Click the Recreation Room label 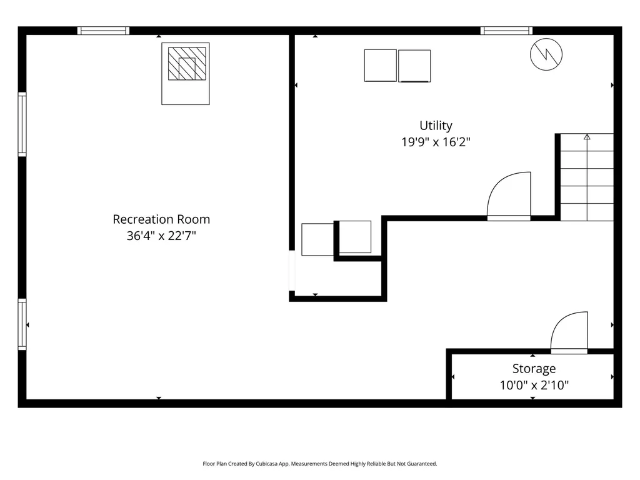click(x=161, y=219)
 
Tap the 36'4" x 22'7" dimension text click(x=161, y=236)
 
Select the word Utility click(x=436, y=126)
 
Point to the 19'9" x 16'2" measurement click(x=436, y=142)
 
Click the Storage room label click(x=534, y=369)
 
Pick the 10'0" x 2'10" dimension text click(x=534, y=385)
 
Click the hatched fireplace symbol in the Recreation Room click(x=186, y=64)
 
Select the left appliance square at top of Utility click(x=381, y=66)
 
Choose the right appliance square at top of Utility click(x=414, y=66)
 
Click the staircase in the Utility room click(x=586, y=177)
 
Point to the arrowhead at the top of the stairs click(x=587, y=136)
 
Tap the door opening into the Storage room click(x=569, y=332)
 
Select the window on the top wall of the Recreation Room click(x=104, y=31)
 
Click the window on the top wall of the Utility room click(x=507, y=31)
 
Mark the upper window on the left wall click(x=22, y=124)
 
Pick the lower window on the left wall click(x=22, y=324)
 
